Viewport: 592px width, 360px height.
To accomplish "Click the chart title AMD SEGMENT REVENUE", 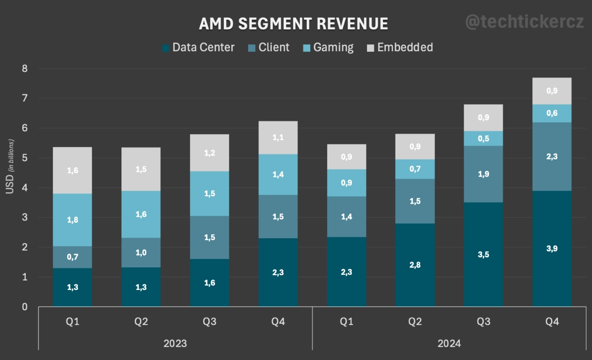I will point(293,24).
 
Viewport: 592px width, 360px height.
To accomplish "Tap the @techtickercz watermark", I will point(524,22).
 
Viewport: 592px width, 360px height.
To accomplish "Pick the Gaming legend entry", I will point(328,47).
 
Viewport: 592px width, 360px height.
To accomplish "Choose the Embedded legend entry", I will point(400,47).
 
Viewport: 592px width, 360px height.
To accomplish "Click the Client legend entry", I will point(269,47).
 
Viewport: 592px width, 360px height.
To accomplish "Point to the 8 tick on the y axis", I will point(24,69).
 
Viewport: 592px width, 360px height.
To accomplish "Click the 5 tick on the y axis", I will point(24,158).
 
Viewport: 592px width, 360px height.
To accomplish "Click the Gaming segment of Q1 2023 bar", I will point(73,220).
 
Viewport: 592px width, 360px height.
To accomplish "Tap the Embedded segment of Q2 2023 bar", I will point(141,169).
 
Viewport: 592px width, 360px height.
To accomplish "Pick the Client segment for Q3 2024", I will point(483,174).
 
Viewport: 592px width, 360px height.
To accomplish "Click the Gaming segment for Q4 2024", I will point(552,113).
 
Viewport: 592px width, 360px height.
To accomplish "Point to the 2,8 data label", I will point(415,265).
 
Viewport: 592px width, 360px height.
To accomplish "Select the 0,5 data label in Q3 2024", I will point(483,139).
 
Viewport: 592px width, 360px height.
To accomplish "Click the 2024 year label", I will point(449,343).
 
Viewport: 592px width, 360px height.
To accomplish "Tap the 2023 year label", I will point(175,343).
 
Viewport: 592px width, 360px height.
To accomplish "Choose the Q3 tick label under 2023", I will point(209,322).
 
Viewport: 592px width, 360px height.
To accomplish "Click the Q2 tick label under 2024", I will point(415,322).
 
